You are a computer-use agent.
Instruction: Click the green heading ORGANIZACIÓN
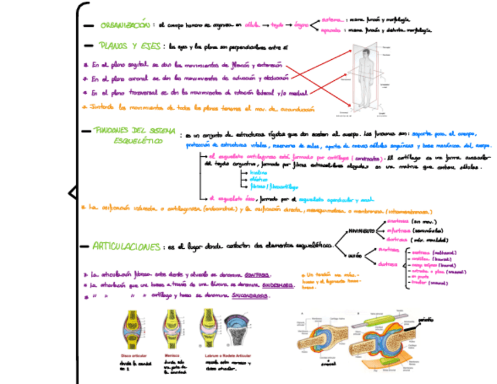(124, 25)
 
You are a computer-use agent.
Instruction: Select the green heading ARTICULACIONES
(126, 247)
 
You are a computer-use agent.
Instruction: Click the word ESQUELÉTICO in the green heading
(138, 141)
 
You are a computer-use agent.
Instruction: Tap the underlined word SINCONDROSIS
(250, 296)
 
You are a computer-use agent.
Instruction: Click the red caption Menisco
(172, 355)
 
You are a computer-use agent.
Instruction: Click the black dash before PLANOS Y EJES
(88, 45)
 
